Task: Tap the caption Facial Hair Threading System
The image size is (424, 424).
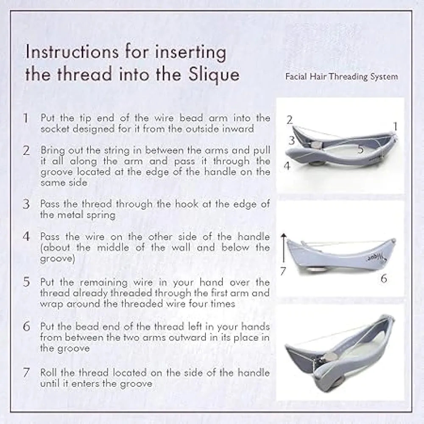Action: point(341,77)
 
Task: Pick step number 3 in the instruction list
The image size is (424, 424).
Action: point(26,204)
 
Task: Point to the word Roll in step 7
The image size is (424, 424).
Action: point(49,373)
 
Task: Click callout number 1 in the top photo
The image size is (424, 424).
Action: point(395,126)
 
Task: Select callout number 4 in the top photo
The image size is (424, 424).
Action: point(287,166)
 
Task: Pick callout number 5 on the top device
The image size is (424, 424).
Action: point(360,149)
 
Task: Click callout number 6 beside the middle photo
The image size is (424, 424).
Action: point(383,279)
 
